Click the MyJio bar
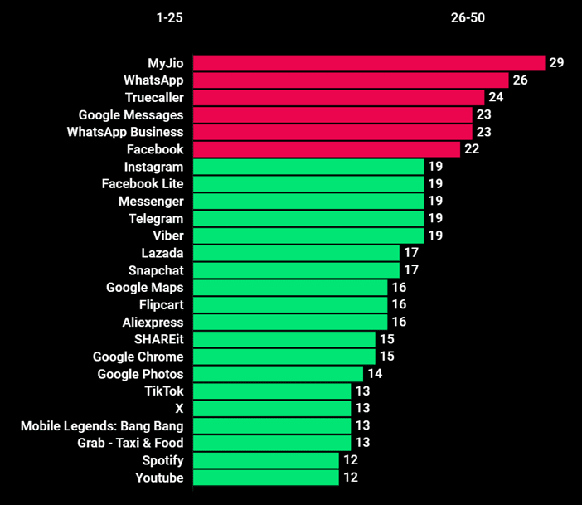(x=369, y=63)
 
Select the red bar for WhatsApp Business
(x=332, y=132)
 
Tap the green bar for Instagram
(x=308, y=167)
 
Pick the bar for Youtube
(x=266, y=478)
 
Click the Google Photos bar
(x=278, y=374)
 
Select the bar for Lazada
(x=296, y=253)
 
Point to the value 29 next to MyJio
(x=556, y=63)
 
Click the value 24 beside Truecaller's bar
(x=497, y=98)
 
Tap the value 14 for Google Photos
(x=375, y=374)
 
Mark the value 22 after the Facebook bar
(x=472, y=149)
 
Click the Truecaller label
(x=154, y=98)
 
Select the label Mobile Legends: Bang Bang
(x=102, y=426)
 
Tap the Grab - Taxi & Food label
(x=130, y=443)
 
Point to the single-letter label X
(x=179, y=409)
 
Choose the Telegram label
(x=156, y=219)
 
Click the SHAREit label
(x=158, y=339)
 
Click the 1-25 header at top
(x=169, y=18)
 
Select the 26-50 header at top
(x=468, y=18)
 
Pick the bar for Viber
(x=308, y=236)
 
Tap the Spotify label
(x=162, y=460)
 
